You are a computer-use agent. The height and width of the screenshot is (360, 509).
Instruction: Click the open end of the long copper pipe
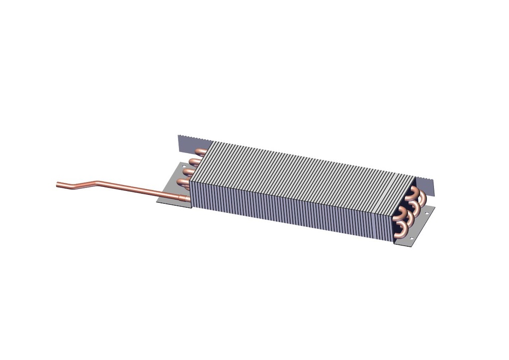tap(58, 184)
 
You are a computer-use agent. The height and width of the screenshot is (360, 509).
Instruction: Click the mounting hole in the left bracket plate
tap(184, 165)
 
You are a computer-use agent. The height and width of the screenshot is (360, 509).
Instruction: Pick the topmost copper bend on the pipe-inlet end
tap(200, 151)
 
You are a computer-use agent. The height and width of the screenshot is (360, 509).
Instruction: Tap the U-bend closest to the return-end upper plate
tap(422, 198)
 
